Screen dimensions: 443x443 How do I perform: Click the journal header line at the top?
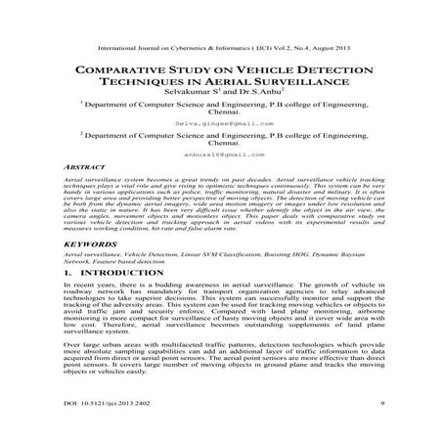[x=221, y=45]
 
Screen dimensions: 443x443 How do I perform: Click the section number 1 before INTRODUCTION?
[x=65, y=299]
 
